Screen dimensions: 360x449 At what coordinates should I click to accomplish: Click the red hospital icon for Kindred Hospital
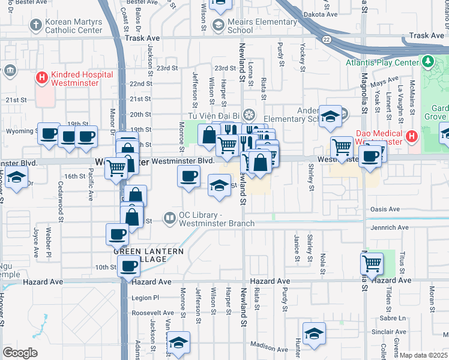pyautogui.click(x=41, y=77)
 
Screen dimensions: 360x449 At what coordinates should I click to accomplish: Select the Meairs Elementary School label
pyautogui.click(x=262, y=26)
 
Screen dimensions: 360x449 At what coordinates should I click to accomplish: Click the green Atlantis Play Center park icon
pyautogui.click(x=428, y=62)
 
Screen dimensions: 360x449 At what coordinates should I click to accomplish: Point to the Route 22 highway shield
pyautogui.click(x=325, y=39)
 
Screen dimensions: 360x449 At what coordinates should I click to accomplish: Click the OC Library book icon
pyautogui.click(x=170, y=218)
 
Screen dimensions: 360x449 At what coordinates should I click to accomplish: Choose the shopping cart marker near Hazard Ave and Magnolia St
pyautogui.click(x=372, y=263)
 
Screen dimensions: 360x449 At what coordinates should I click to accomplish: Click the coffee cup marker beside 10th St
pyautogui.click(x=127, y=266)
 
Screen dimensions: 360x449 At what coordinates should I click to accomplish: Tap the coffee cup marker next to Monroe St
pyautogui.click(x=189, y=176)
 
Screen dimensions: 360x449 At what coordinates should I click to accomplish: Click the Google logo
pyautogui.click(x=20, y=352)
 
